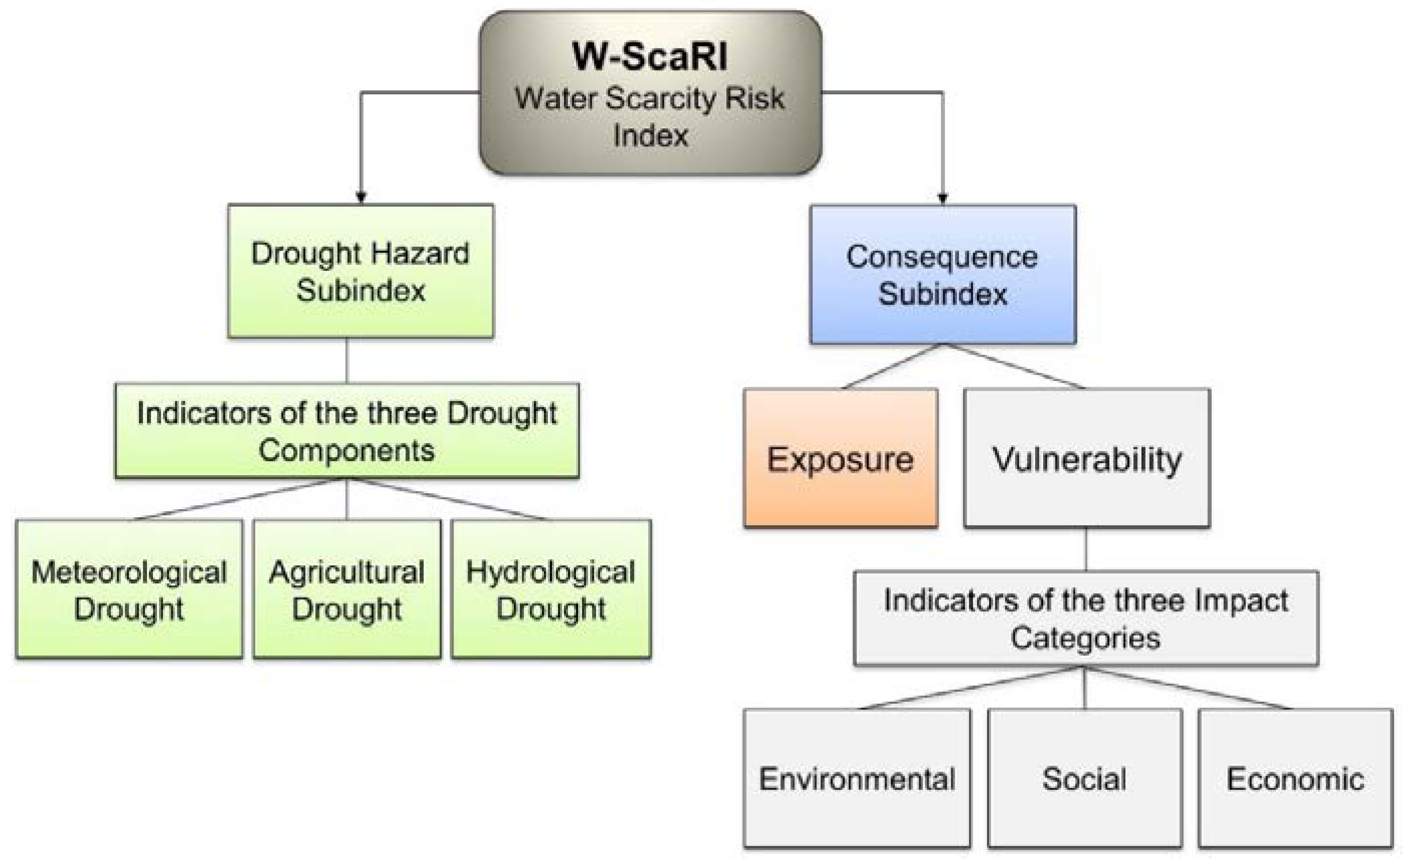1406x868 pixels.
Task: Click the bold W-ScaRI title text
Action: click(650, 56)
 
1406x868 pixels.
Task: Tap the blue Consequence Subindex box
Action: click(942, 274)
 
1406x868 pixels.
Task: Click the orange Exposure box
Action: click(840, 458)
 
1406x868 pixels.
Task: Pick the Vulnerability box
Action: click(1086, 458)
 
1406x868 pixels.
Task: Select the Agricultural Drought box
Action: click(347, 589)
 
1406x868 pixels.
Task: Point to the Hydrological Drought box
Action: click(550, 589)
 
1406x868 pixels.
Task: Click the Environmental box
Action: click(857, 779)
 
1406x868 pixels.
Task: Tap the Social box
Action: click(1084, 779)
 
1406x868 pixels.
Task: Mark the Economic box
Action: click(1295, 779)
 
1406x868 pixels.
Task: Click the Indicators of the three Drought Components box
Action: click(347, 430)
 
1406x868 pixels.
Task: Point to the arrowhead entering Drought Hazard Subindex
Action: click(361, 197)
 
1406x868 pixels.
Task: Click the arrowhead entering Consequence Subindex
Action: click(942, 198)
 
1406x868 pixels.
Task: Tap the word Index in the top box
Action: click(650, 136)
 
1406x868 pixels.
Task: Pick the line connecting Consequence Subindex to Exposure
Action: click(892, 366)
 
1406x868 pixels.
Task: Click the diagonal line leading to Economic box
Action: click(1188, 688)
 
